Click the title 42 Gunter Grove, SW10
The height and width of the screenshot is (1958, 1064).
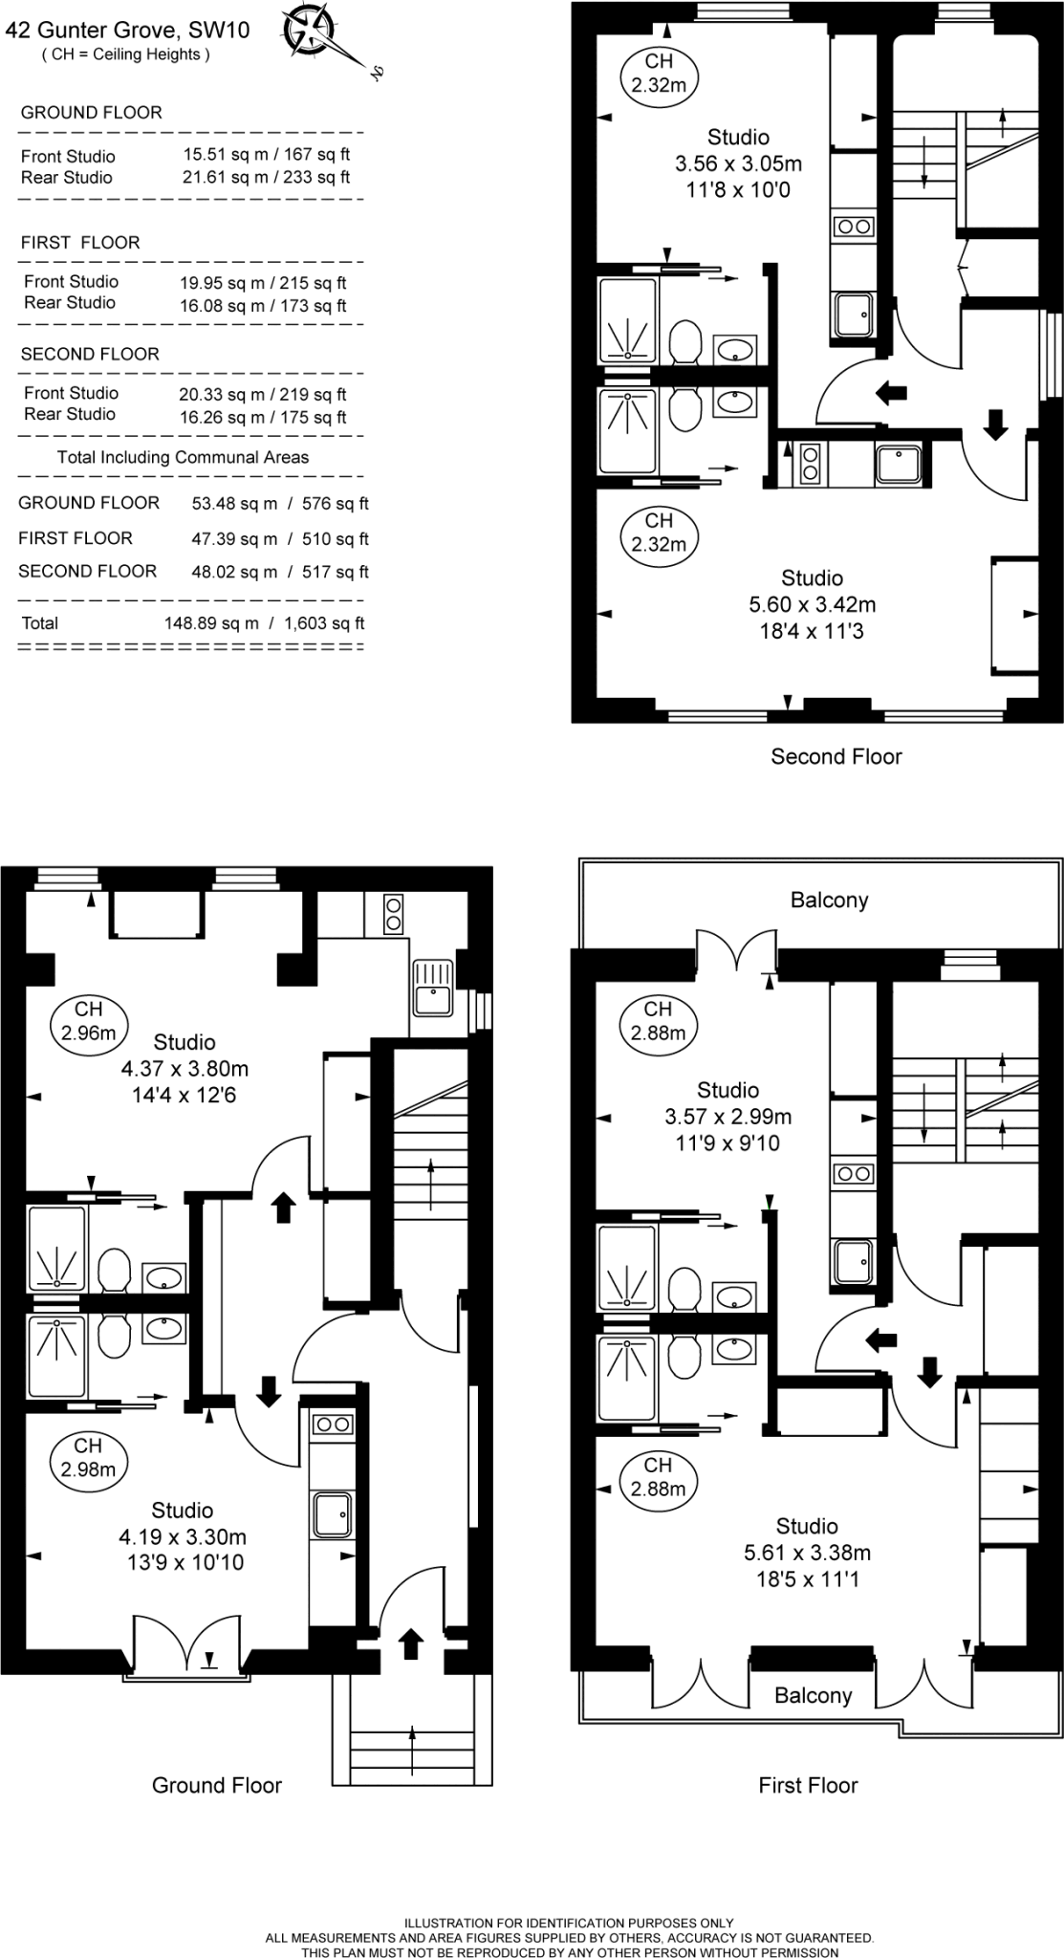coord(127,31)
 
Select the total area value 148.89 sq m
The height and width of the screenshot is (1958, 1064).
coord(211,623)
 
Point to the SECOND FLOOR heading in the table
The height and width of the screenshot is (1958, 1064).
coord(90,354)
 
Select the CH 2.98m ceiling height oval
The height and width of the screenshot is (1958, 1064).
coord(88,1458)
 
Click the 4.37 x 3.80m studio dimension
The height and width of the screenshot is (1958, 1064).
coord(185,1069)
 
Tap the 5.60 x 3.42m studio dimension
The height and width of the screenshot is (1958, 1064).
coord(812,604)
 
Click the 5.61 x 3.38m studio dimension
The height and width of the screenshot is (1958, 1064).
coord(807,1553)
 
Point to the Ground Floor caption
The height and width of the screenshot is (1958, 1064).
coord(217,1785)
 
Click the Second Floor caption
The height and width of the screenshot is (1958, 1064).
coord(836,756)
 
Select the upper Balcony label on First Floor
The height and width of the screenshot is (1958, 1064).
coord(829,900)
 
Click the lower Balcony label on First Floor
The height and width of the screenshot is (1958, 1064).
coord(813,1695)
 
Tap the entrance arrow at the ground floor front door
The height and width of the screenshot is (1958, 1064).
coord(410,1643)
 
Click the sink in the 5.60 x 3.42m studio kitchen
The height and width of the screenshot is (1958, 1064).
coord(899,466)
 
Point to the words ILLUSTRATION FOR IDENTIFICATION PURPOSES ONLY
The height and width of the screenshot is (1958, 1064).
coord(569,1923)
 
